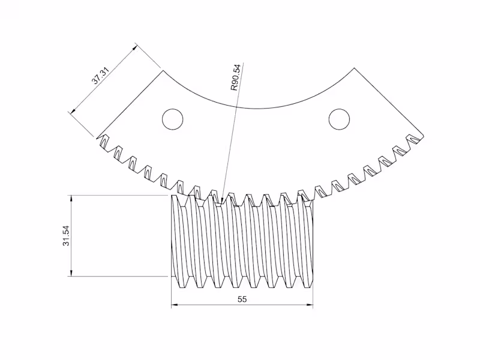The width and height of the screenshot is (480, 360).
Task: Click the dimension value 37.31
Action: [x=100, y=78]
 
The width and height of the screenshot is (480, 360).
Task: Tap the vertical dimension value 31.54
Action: [x=67, y=236]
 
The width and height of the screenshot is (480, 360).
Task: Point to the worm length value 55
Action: [x=242, y=299]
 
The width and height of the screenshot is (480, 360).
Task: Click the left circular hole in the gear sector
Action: [x=173, y=119]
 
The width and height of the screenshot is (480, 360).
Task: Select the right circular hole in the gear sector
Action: [x=339, y=119]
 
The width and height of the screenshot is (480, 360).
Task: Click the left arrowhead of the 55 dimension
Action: [x=175, y=305]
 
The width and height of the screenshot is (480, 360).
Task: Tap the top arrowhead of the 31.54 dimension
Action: [x=71, y=199]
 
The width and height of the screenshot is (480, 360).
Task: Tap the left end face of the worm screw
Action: [x=174, y=237]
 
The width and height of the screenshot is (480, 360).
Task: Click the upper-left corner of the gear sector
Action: [x=164, y=71]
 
